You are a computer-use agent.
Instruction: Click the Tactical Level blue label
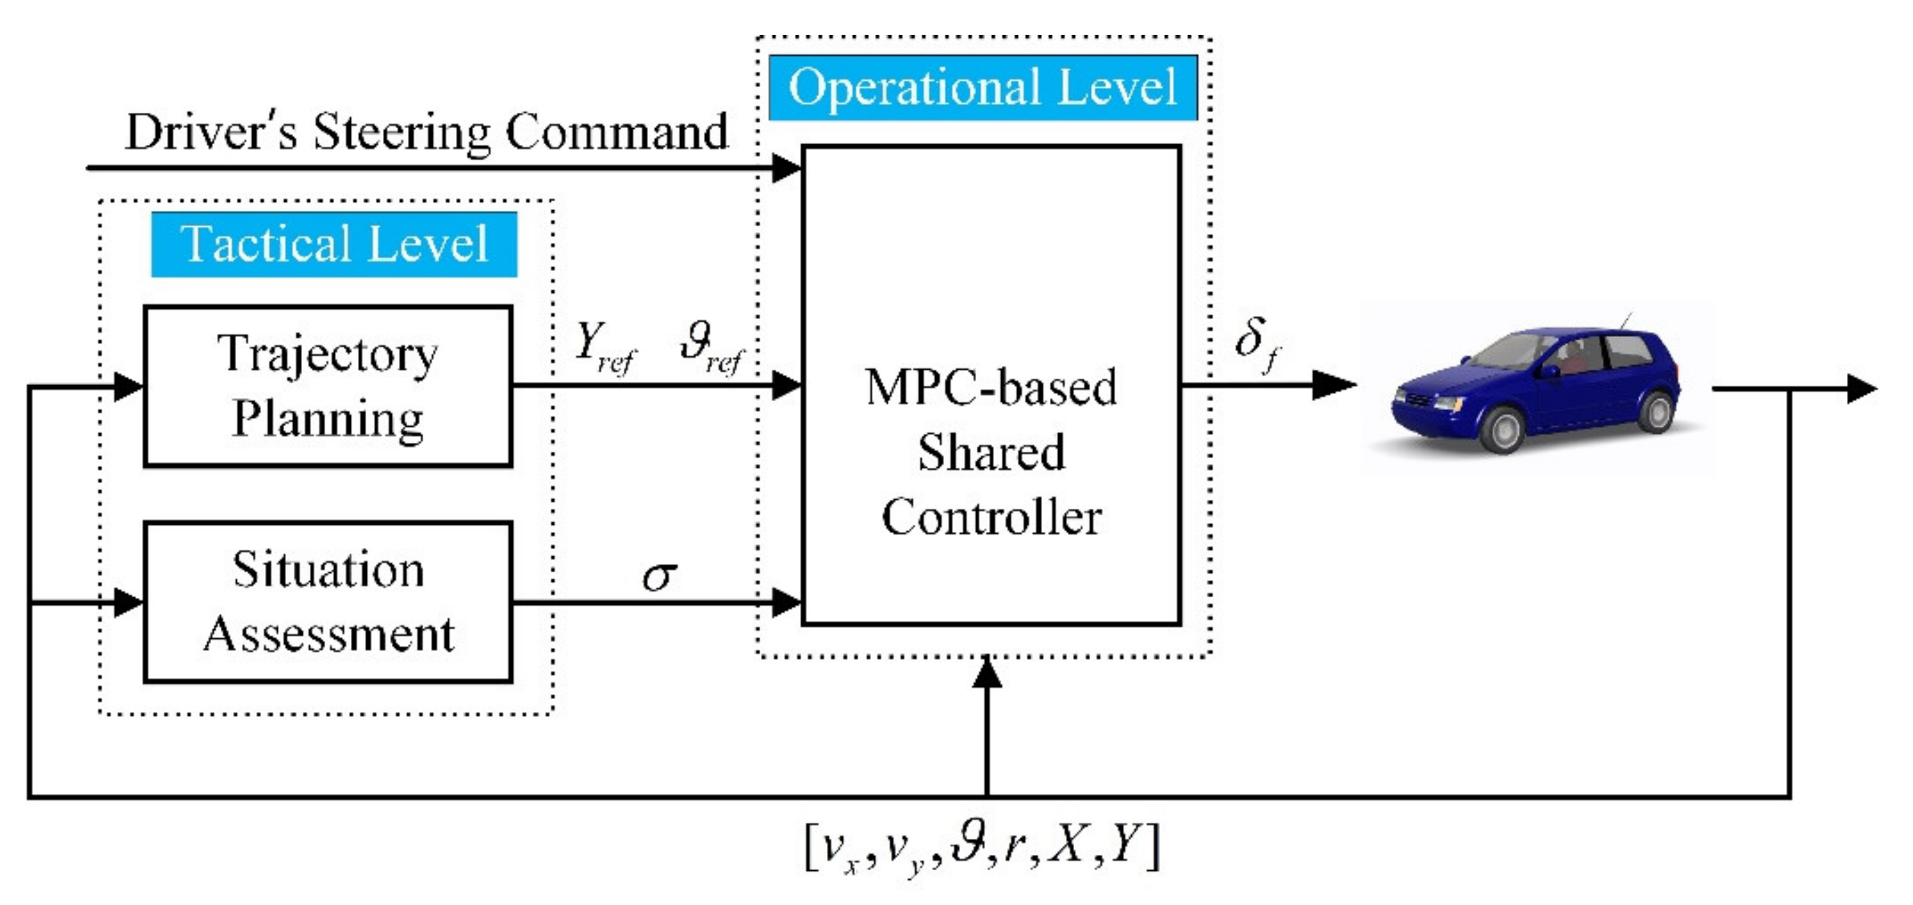[x=333, y=244]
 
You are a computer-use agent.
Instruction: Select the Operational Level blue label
[x=982, y=88]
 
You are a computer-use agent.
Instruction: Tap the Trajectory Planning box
[x=327, y=386]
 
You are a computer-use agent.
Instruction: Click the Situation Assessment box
[x=327, y=602]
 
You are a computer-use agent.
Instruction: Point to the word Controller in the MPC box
[x=991, y=517]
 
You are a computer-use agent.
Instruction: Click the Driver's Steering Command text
[x=427, y=132]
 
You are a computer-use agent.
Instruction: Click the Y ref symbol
[x=603, y=347]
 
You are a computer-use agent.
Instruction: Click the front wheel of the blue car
[x=1503, y=429]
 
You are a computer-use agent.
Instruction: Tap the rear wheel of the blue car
[x=1656, y=411]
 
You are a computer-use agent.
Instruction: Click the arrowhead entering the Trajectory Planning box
[x=127, y=386]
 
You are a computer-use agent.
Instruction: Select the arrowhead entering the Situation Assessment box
[x=127, y=602]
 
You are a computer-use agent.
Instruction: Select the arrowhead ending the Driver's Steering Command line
[x=786, y=168]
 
